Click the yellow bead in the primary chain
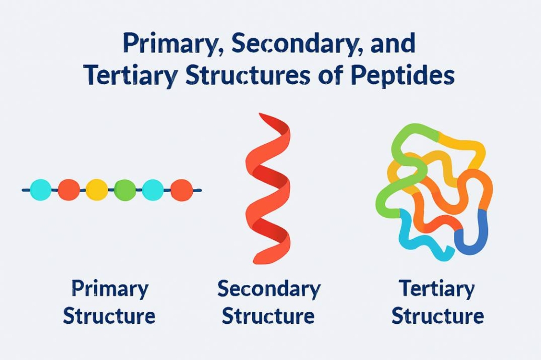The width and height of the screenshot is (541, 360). [97, 190]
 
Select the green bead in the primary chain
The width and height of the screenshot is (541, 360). [125, 190]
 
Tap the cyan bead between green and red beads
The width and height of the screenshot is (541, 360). [153, 190]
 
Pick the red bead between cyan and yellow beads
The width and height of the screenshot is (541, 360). [69, 190]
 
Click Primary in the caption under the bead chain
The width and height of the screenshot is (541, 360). [110, 290]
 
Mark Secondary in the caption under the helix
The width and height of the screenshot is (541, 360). [268, 290]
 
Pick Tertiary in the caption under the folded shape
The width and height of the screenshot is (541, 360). [436, 290]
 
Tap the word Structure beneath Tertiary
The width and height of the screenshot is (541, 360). [438, 316]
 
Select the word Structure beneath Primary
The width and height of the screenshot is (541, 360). [109, 316]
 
